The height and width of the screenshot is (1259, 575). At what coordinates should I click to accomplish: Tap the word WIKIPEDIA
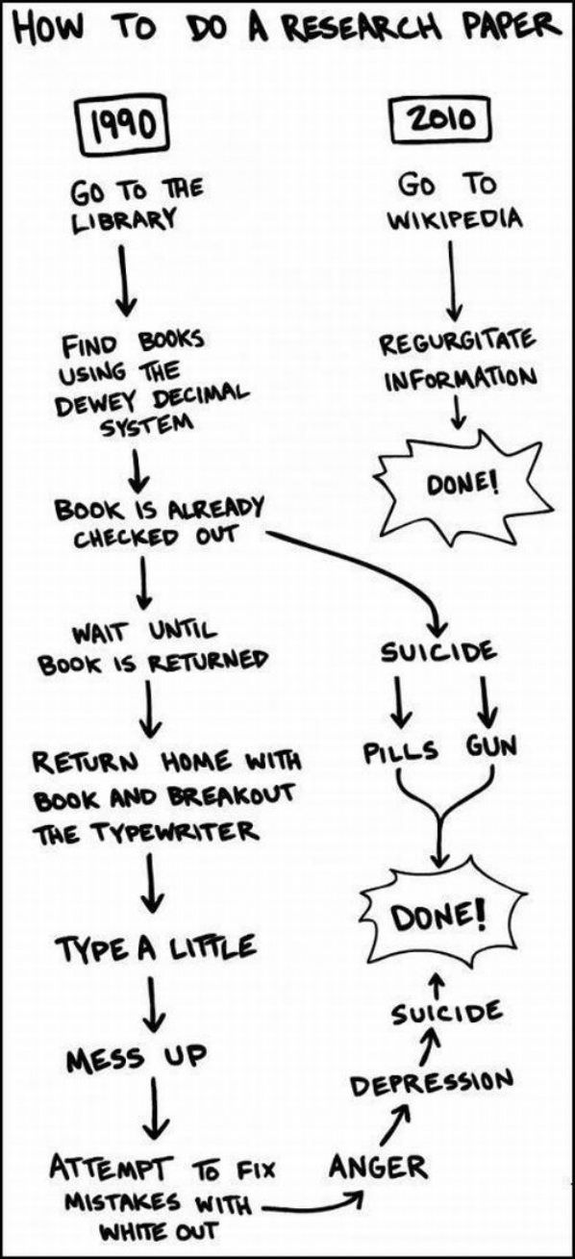[454, 216]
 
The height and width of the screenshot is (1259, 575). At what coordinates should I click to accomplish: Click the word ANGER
[377, 1168]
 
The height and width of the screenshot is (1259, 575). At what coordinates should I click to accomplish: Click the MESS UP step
[136, 1059]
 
